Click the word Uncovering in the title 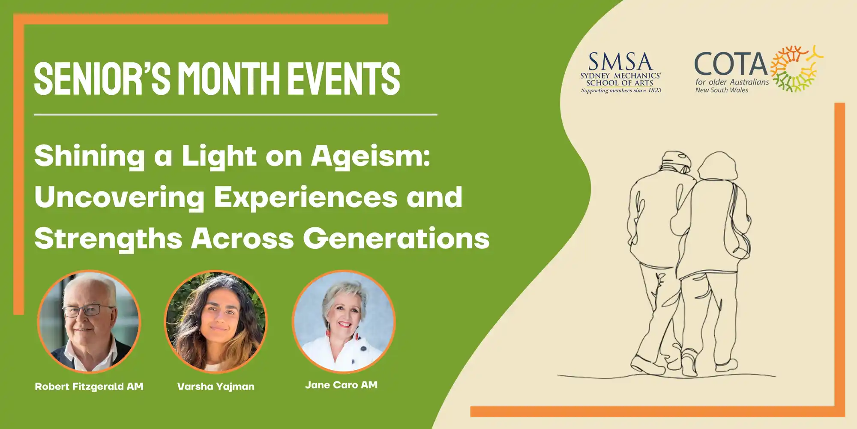coord(120,198)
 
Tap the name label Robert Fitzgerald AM coord(89,387)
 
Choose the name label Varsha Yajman coord(216,387)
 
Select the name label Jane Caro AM coord(342,385)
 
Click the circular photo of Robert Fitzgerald coord(89,321)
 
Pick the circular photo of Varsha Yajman coord(216,321)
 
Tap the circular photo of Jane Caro coord(344,321)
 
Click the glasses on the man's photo coord(88,310)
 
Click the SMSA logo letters coord(620,62)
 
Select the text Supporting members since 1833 coord(621,91)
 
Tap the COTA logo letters coord(731,64)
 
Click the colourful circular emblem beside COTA coord(796,69)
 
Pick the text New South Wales coord(722,90)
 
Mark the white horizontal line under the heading coord(236,115)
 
